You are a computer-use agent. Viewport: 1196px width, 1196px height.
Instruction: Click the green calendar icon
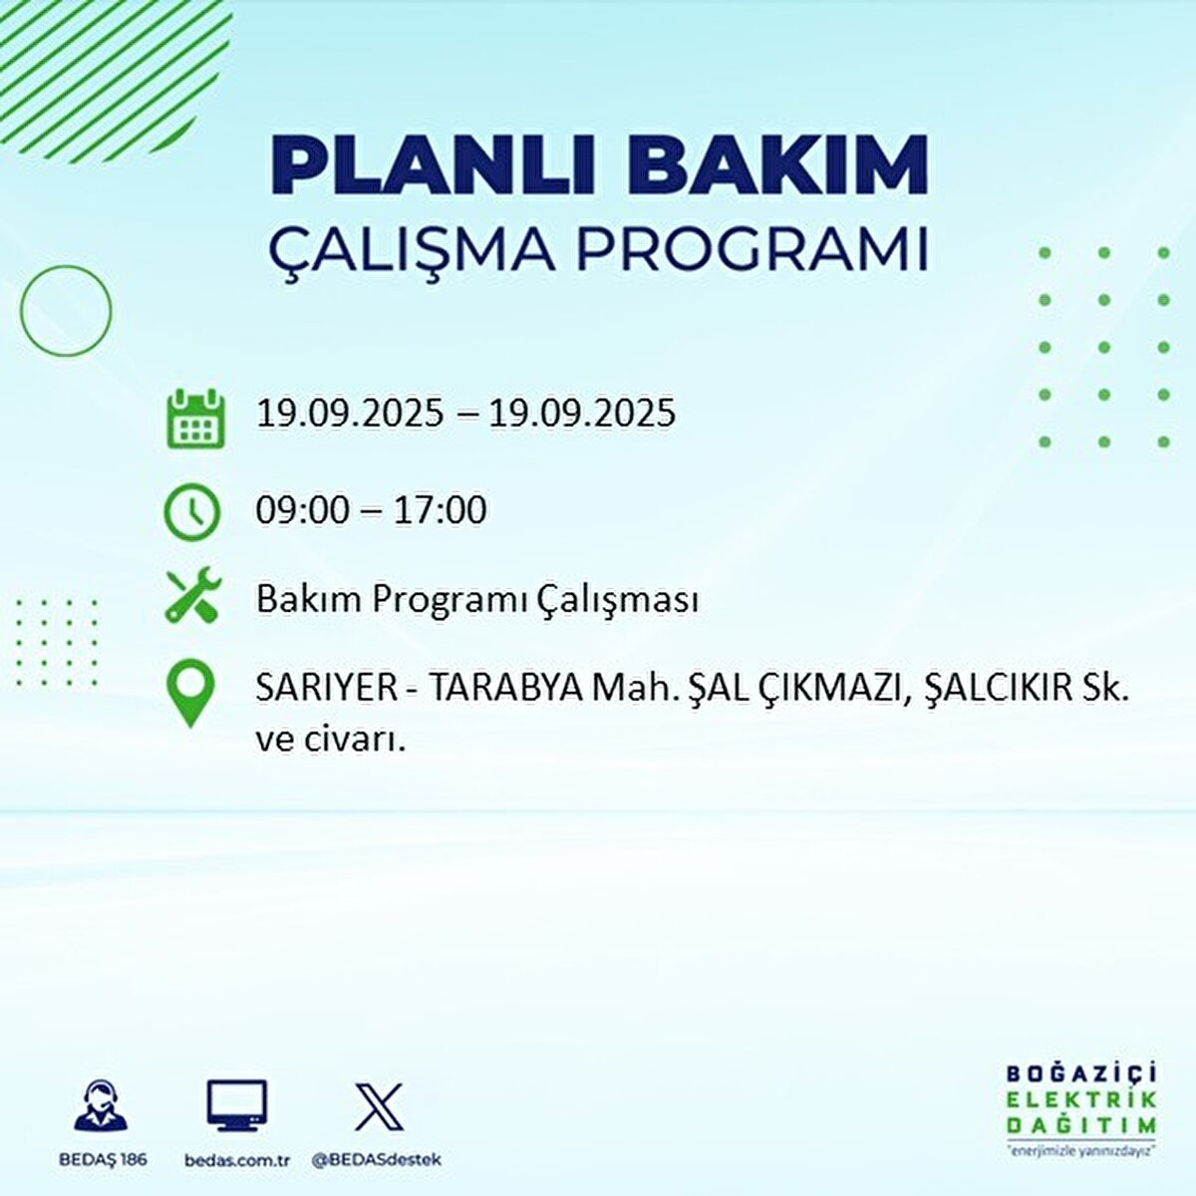[193, 418]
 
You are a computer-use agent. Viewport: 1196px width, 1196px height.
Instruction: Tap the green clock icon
[191, 511]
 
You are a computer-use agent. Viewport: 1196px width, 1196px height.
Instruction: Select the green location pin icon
[190, 695]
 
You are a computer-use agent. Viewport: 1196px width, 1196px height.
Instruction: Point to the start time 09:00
[302, 510]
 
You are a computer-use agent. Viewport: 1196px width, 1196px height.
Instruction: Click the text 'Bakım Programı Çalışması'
[476, 600]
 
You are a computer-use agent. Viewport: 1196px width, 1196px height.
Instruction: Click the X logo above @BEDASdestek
[379, 1106]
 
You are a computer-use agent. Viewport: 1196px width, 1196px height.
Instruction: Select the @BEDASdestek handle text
[377, 1160]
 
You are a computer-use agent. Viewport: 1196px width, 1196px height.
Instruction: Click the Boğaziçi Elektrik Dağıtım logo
[1080, 1107]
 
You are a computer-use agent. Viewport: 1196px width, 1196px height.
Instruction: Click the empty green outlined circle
[66, 311]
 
